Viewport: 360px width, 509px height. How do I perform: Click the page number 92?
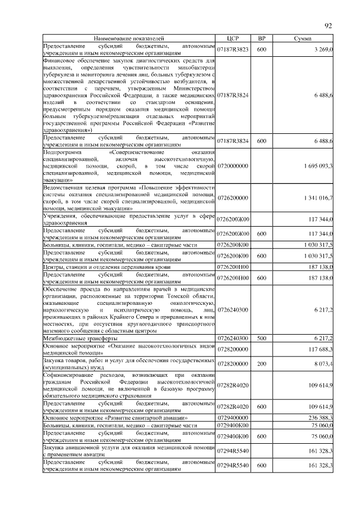coord(329,25)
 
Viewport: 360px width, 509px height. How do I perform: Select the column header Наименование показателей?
coord(129,38)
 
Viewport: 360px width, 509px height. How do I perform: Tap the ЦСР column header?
coord(233,38)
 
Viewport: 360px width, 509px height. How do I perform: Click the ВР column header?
coord(262,38)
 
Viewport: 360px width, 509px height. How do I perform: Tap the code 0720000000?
coord(233,166)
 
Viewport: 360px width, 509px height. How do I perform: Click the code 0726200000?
coord(233,197)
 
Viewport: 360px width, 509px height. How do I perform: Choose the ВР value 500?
coord(262,338)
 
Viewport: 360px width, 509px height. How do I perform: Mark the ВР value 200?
coord(262,364)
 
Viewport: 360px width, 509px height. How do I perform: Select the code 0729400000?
coord(233,418)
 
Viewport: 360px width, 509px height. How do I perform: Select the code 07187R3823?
coord(233,49)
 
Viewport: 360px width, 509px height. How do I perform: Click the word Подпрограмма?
coord(62,152)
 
